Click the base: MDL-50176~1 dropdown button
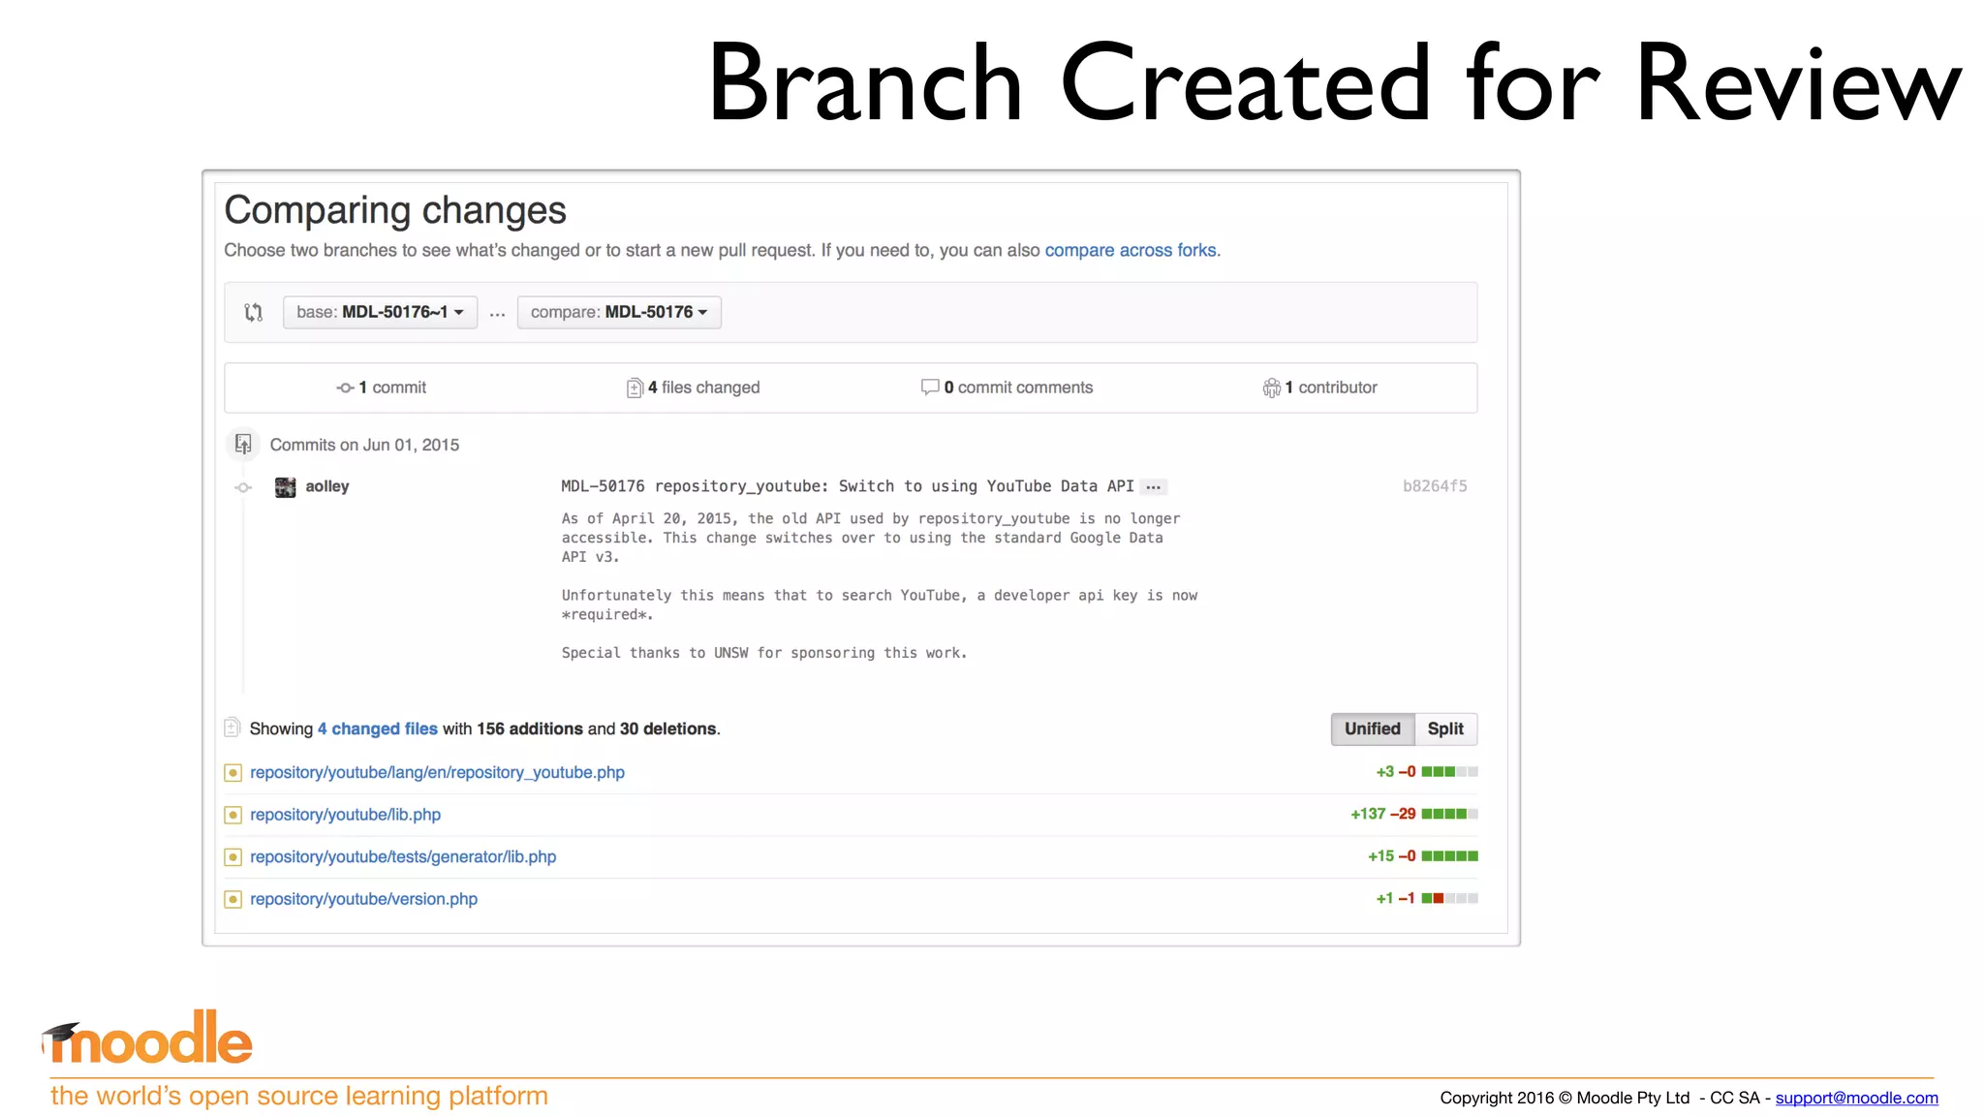point(380,312)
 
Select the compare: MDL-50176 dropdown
point(619,312)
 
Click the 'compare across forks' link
point(1130,250)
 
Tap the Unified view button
point(1372,728)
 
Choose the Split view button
point(1445,728)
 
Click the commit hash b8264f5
point(1434,486)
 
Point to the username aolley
point(327,486)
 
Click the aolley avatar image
point(285,486)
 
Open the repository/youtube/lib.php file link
point(345,815)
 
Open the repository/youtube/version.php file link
point(363,899)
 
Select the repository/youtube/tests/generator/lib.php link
point(403,856)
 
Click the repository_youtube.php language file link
point(437,772)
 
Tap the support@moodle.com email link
point(1856,1098)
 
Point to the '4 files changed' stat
point(694,387)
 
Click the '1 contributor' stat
point(1320,387)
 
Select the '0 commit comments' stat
point(1007,387)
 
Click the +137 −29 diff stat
point(1382,814)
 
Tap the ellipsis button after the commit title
point(1153,487)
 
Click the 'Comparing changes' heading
point(395,210)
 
